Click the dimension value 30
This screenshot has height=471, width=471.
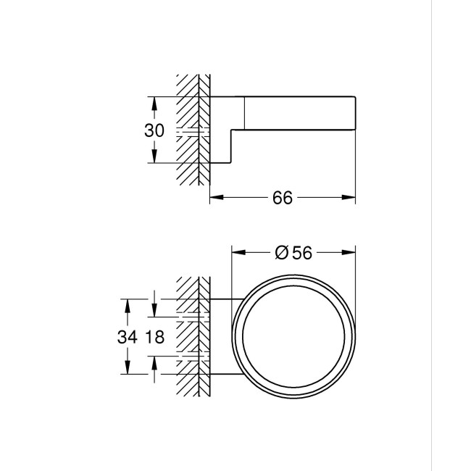click(x=154, y=130)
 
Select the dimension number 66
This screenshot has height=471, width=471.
click(x=283, y=198)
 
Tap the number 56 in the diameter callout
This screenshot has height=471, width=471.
click(x=301, y=251)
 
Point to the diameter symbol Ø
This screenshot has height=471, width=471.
click(x=283, y=251)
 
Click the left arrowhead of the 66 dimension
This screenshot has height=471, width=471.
click(x=215, y=197)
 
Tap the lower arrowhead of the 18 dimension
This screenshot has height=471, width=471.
click(x=154, y=360)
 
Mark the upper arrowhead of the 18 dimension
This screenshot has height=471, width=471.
click(x=154, y=312)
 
